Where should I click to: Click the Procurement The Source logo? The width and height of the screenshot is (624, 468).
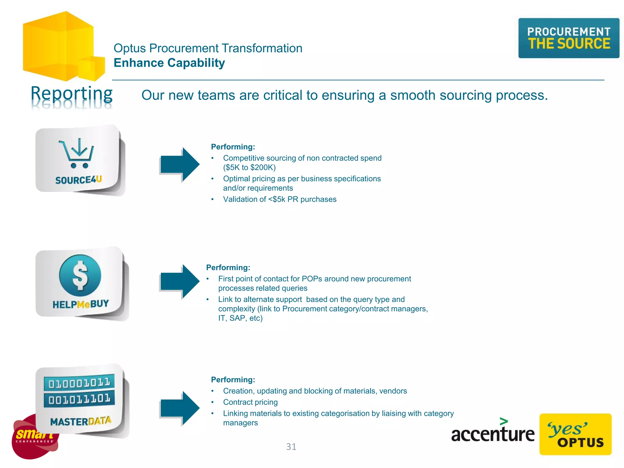pos(569,38)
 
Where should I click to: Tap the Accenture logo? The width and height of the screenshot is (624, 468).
pos(492,432)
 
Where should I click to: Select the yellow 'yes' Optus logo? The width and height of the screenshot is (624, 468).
pos(575,434)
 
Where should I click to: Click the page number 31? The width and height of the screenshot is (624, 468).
pos(291,447)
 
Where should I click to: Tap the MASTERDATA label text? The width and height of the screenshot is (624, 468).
pos(81,421)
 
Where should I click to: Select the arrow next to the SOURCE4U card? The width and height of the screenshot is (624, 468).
pos(180,165)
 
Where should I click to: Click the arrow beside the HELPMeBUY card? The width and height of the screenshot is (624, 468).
pos(180,282)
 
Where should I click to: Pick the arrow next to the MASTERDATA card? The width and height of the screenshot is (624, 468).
pos(180,408)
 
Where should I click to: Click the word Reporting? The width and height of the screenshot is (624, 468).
pos(72,94)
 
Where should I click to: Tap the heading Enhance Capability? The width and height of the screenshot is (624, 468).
pos(169,63)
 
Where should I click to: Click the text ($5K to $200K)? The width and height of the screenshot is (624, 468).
pos(249,168)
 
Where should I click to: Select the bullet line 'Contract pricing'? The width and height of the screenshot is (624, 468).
pos(250,402)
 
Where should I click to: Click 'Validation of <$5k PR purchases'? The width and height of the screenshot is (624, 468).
pos(279,199)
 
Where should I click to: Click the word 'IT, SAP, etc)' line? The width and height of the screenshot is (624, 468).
pos(240,318)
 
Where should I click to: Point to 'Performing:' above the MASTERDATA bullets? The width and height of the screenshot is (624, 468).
pos(233,380)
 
